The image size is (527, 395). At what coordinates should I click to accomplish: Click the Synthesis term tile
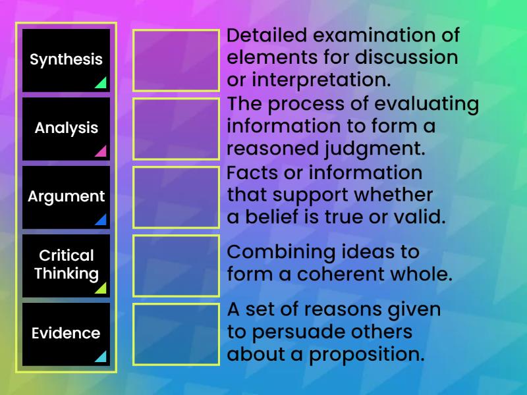[66, 60]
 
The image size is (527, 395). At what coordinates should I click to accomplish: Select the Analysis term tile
[66, 128]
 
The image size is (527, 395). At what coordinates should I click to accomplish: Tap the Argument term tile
[66, 197]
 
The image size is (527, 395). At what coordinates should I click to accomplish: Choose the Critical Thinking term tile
[66, 265]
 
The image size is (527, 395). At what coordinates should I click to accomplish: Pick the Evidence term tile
[66, 334]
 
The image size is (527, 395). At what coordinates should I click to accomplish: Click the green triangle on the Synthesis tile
[101, 83]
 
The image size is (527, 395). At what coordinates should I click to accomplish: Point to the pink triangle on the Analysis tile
[101, 151]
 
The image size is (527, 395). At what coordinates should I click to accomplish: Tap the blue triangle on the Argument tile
[101, 220]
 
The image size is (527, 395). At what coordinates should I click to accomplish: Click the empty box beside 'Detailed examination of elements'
[176, 60]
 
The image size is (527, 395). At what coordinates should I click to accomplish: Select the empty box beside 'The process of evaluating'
[176, 128]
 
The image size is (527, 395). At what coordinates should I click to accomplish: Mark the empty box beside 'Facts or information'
[176, 197]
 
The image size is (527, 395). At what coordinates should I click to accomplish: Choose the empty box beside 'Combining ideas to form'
[176, 265]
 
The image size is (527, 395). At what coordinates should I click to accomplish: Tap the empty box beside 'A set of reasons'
[176, 334]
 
